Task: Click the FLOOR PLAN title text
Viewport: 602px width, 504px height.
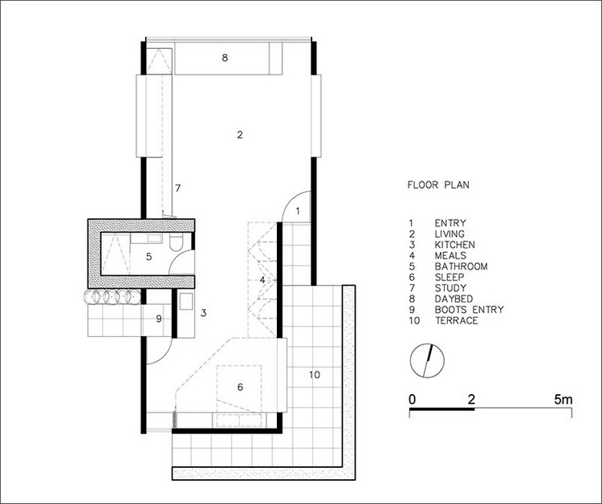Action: (x=438, y=185)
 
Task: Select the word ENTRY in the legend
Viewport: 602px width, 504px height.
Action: (x=450, y=223)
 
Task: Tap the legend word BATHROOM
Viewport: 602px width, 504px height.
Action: (x=461, y=266)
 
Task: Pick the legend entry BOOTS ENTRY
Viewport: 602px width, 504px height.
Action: (x=469, y=310)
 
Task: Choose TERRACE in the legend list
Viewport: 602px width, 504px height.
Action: (x=457, y=320)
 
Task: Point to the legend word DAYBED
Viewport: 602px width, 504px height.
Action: (x=454, y=299)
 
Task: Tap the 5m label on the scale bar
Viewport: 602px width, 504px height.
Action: (x=563, y=400)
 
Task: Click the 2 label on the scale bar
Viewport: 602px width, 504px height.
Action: (x=471, y=400)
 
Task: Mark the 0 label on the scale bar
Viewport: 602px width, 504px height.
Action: (x=412, y=400)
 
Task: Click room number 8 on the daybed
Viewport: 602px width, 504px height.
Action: (x=225, y=58)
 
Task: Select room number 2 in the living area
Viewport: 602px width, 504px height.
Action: (x=240, y=135)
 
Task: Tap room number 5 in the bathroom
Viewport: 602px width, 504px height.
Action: (x=149, y=257)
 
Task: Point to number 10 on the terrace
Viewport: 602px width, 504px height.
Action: (x=315, y=375)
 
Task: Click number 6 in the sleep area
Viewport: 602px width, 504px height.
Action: (x=240, y=387)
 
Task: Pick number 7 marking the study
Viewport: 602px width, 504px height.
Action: (x=177, y=188)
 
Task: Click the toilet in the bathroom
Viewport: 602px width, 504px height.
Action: (x=177, y=242)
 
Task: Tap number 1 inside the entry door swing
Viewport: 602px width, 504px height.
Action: (x=298, y=211)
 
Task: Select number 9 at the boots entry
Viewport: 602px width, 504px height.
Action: (x=159, y=319)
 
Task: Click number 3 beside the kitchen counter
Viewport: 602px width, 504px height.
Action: (x=204, y=313)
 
